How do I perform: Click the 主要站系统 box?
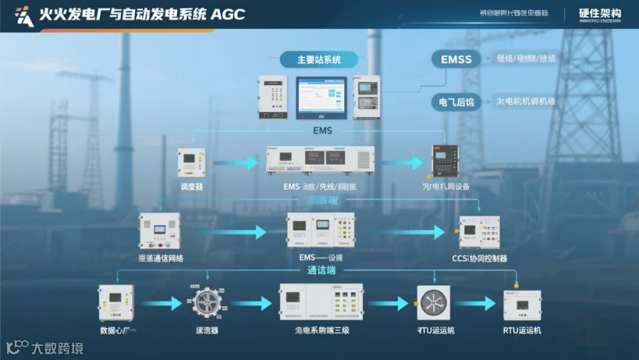tap(319, 60)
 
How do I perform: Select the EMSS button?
tap(456, 60)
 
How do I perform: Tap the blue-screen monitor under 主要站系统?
tap(321, 97)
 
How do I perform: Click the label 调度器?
tap(192, 187)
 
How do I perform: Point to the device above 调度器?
tap(191, 163)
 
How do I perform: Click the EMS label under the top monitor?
tap(322, 131)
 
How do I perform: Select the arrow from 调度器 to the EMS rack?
tap(235, 163)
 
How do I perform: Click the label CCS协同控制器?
tap(480, 258)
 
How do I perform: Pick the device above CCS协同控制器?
tap(479, 232)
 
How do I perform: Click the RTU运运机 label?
tap(522, 330)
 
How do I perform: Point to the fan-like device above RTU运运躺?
tap(433, 303)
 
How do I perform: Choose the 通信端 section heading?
tap(322, 271)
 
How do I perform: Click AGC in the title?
tap(229, 14)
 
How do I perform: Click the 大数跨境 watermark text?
tap(57, 348)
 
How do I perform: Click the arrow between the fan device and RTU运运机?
tap(475, 304)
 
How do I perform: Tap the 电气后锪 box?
tap(456, 102)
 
